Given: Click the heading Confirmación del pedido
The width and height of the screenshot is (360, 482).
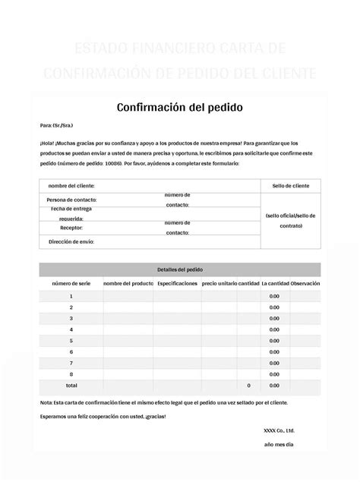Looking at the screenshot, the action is click(x=179, y=107).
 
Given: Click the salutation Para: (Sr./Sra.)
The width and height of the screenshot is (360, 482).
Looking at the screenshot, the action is click(x=56, y=125).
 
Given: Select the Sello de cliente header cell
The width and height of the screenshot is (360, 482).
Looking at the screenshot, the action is click(x=290, y=186).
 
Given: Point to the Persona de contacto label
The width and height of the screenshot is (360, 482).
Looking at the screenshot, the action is click(x=71, y=200).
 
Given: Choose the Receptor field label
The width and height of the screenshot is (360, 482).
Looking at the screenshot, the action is click(x=71, y=227).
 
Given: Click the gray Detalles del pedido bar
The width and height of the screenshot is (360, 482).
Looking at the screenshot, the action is click(x=179, y=269).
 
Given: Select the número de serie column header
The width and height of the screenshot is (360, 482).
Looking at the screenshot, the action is click(x=71, y=283).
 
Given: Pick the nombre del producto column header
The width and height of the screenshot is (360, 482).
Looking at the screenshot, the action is click(x=128, y=283).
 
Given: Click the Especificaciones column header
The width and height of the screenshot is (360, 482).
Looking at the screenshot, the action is click(x=177, y=283).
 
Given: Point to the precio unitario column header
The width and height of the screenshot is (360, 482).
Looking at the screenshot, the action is click(x=219, y=283).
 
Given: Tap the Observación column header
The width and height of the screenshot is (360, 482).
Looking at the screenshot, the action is click(x=305, y=283).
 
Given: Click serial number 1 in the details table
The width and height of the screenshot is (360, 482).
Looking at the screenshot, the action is click(x=71, y=296).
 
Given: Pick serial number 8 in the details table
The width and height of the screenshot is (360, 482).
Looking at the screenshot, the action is click(x=71, y=374).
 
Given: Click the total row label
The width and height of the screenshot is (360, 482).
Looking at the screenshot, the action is click(x=71, y=386).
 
